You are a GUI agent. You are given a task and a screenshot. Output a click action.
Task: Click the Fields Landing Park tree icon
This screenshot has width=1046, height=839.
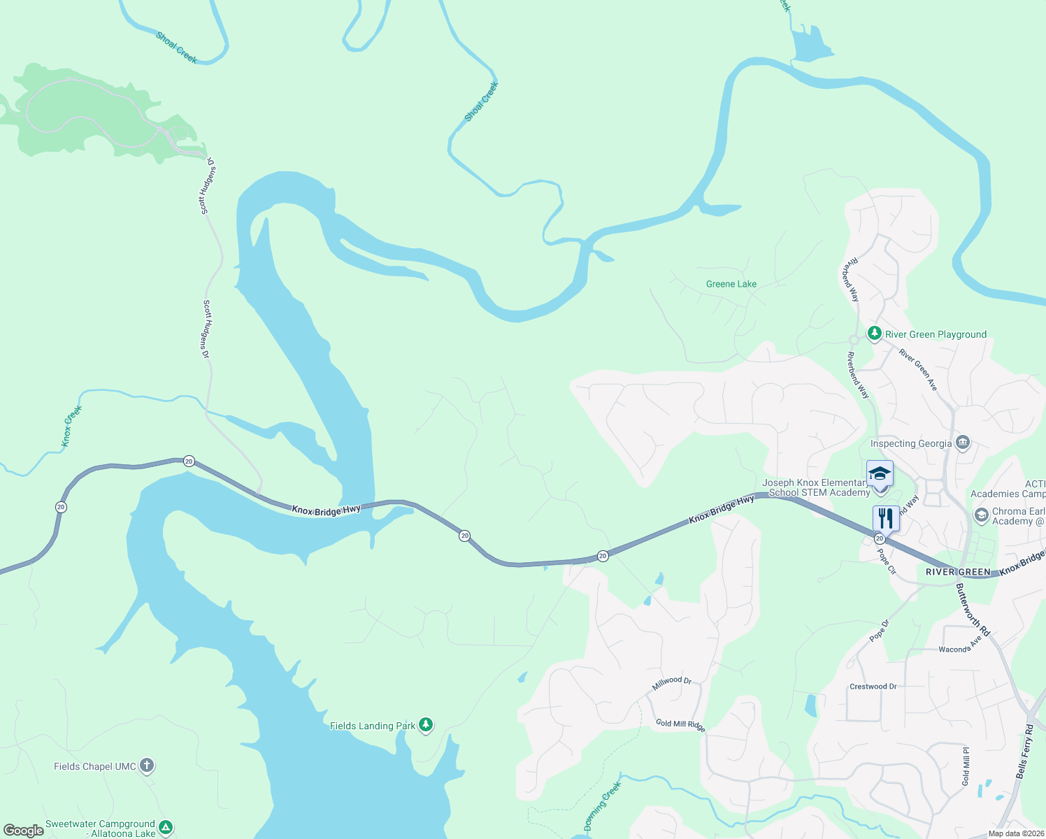coord(426,725)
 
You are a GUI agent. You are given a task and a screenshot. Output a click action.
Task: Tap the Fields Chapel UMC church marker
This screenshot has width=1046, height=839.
coord(146,766)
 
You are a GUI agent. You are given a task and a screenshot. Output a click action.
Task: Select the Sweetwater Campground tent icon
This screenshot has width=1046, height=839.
coord(166,828)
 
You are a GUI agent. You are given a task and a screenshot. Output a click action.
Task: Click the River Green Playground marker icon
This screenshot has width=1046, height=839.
coord(874,334)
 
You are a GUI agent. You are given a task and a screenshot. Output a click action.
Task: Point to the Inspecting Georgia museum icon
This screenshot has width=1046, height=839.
coord(963,443)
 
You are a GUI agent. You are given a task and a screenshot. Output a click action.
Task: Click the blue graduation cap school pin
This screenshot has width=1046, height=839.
coord(880,475)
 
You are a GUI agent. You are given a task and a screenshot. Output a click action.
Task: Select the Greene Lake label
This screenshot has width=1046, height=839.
coord(731,284)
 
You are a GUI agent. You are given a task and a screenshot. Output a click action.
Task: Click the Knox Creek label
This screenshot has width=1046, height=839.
coord(71,426)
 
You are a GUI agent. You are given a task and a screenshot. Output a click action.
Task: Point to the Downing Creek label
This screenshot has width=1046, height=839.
coord(602,806)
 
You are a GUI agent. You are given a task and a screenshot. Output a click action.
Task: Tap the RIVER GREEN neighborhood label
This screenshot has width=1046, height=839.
coord(958,572)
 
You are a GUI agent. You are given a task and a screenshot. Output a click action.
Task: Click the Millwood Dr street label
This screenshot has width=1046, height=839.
coord(671,682)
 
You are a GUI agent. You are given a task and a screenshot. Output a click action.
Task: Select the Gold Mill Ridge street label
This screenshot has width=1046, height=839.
coord(680,725)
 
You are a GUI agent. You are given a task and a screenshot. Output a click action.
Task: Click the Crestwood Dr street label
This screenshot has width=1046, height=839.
coord(873,687)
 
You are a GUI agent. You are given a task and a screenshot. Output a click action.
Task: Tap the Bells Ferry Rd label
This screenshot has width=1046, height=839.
coord(1024,752)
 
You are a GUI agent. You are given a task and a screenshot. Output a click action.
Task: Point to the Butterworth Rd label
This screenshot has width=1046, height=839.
coord(973,610)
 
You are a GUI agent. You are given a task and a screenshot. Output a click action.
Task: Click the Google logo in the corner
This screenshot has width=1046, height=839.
coord(24,831)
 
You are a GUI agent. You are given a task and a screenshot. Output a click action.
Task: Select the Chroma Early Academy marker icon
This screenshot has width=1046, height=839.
coord(981,515)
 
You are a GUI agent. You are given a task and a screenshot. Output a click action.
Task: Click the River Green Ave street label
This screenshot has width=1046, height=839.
coord(918,369)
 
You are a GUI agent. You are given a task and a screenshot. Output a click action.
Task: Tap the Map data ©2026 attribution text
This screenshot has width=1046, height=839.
coord(1015,833)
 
